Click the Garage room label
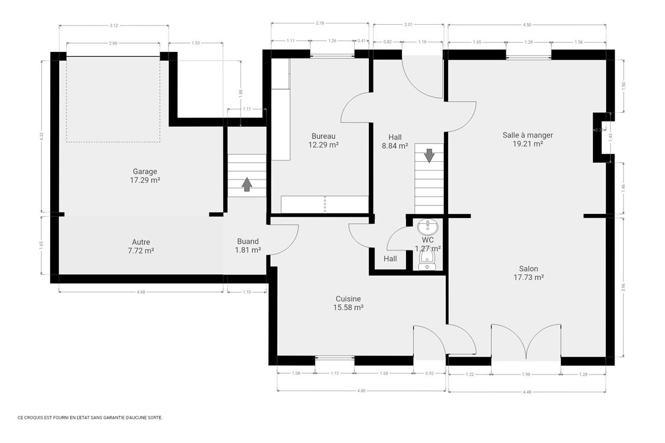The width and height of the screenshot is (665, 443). point(145,176)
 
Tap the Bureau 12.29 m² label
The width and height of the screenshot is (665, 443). point(323,140)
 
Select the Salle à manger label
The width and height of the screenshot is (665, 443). point(527,139)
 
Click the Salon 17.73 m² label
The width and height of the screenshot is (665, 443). point(528,273)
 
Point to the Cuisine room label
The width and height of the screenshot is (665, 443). point(348,303)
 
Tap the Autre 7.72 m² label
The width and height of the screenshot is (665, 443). point(141,246)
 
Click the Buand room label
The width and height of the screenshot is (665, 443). point(248,246)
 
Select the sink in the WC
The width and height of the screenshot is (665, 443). point(427,226)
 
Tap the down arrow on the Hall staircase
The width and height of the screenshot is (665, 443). point(429,156)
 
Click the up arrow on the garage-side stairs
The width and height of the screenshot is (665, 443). point(246,185)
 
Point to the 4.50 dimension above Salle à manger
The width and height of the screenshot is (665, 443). point(527,25)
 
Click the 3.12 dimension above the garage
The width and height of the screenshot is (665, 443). point(113,25)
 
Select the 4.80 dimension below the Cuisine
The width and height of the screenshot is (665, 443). point(361,390)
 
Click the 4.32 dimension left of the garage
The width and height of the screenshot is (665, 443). point(41,135)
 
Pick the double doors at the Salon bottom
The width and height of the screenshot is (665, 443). point(525,342)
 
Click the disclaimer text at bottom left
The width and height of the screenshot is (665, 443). point(89,417)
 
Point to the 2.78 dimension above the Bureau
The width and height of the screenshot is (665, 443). point(320,23)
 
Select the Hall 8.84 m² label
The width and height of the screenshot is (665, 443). point(395,141)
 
